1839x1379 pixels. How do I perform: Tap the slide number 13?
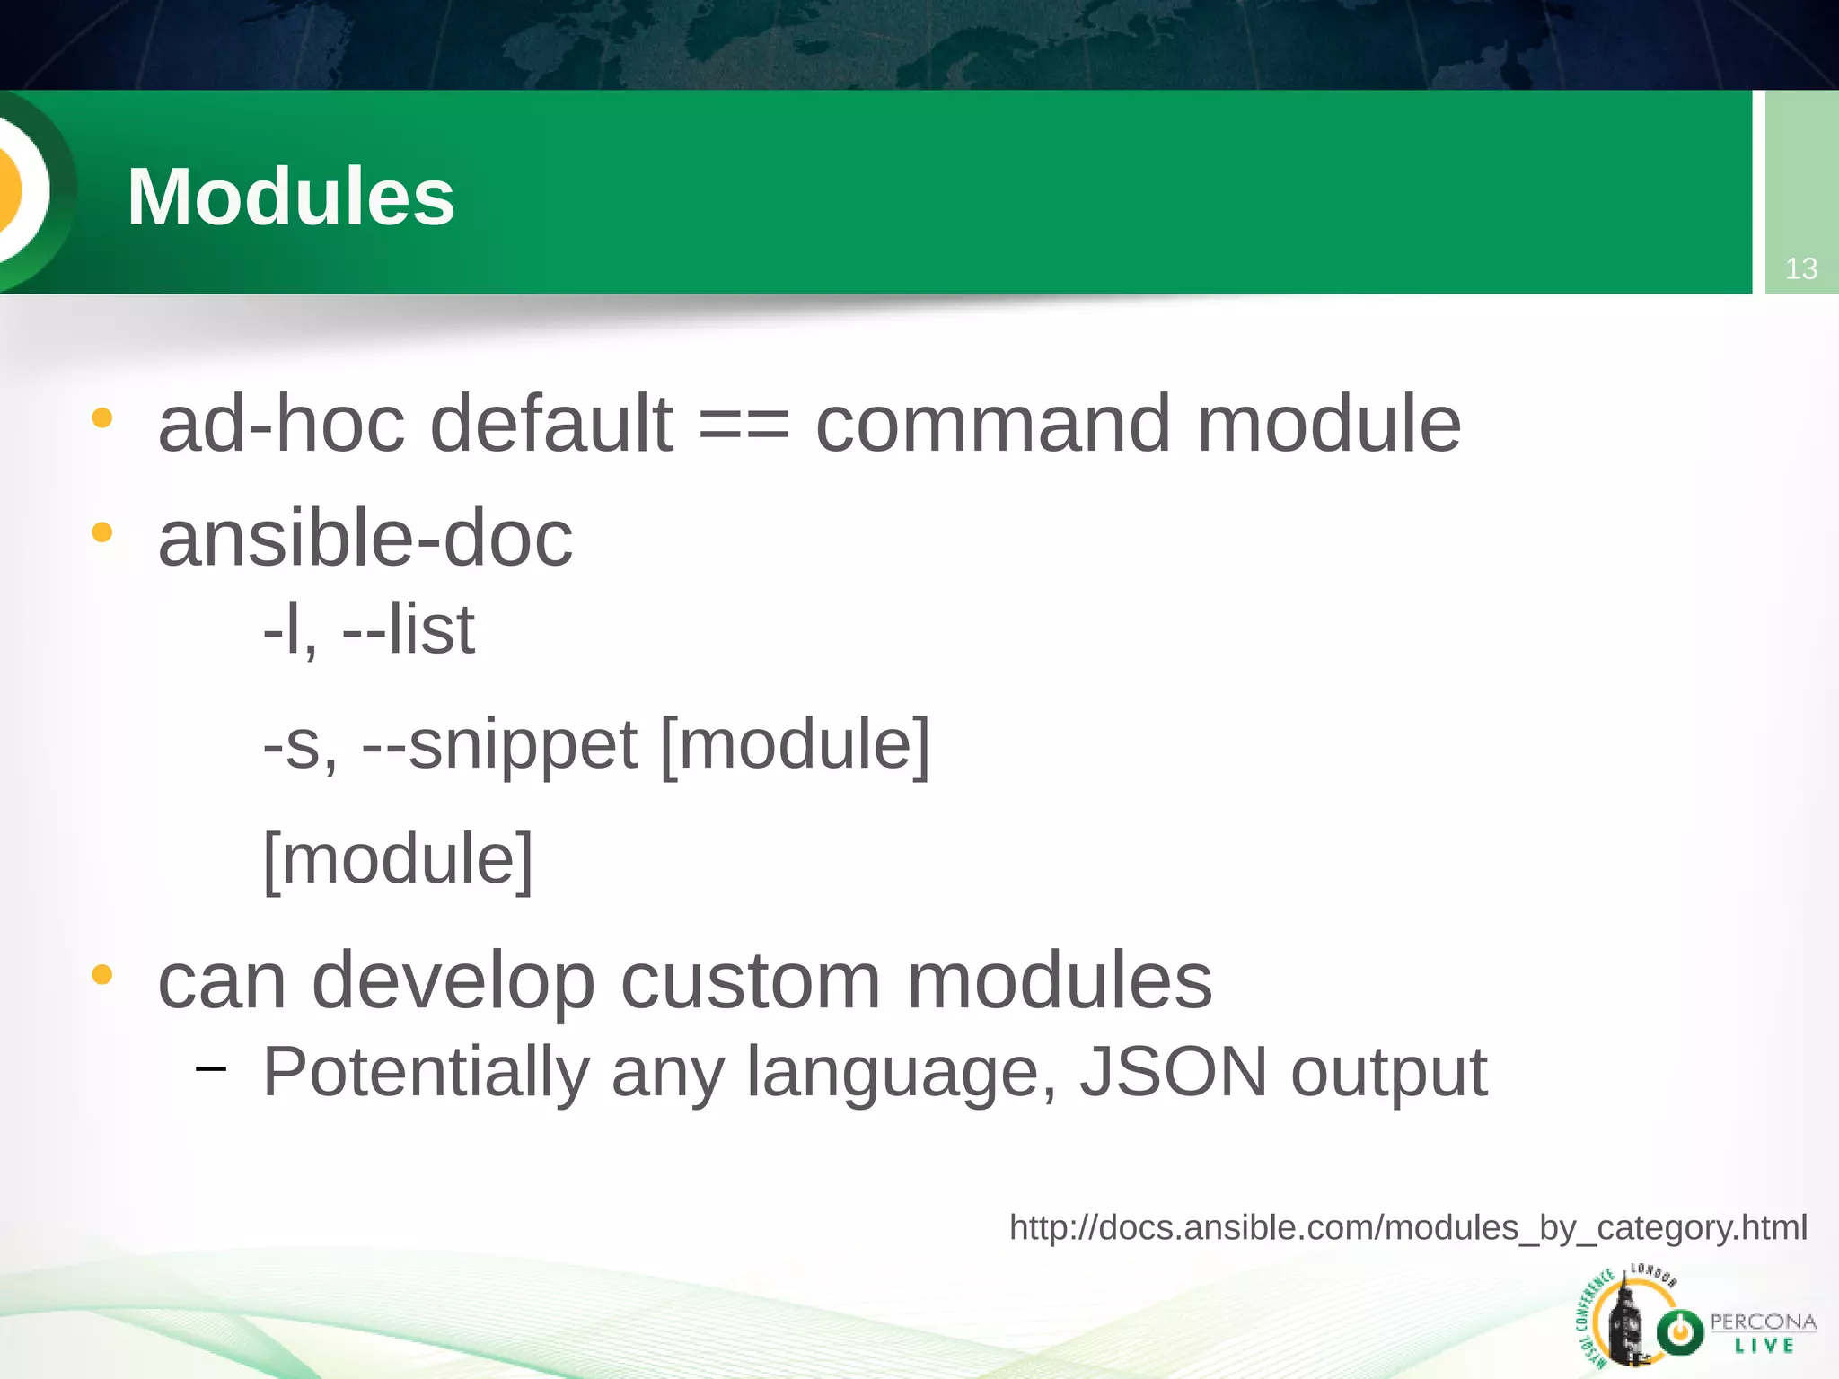pos(1800,268)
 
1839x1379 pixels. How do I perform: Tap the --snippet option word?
pos(499,745)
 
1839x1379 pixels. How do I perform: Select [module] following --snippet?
pos(795,745)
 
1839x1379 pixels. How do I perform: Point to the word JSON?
pos(1173,1072)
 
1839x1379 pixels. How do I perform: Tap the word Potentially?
pos(426,1072)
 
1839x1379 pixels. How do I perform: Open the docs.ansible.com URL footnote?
pos(1407,1227)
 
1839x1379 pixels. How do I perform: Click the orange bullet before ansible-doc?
pos(102,532)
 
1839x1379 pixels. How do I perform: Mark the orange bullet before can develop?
pos(102,974)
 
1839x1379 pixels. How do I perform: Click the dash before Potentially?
pos(210,1068)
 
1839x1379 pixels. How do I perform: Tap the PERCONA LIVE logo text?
pos(1762,1332)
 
